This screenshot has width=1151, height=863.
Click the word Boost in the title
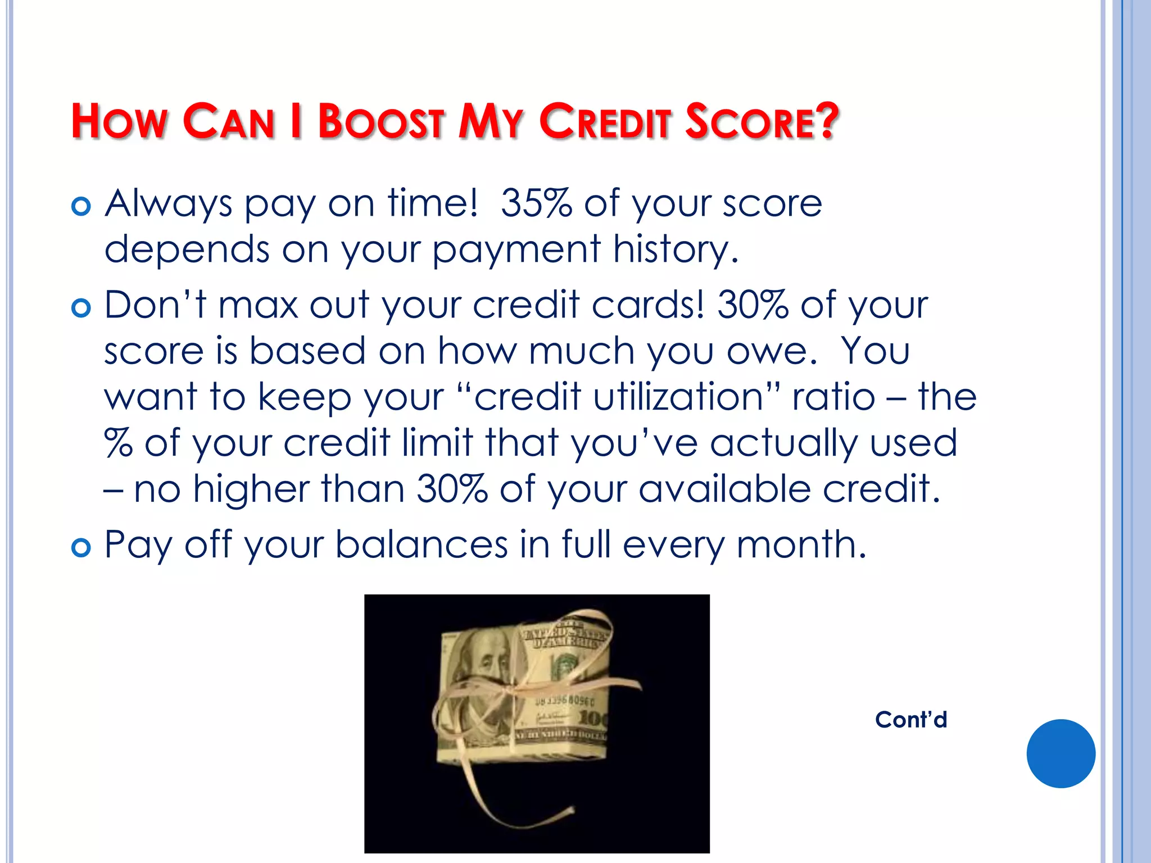[381, 121]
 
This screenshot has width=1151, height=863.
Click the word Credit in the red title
[605, 121]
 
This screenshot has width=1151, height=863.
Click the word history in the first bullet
[674, 249]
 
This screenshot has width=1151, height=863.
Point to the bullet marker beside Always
[81, 206]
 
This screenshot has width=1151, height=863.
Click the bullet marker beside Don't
[81, 308]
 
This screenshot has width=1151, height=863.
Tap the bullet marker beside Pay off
[81, 547]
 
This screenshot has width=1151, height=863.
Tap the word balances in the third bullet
[422, 545]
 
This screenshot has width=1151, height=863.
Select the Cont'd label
[911, 720]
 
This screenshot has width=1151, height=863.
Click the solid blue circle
[1061, 753]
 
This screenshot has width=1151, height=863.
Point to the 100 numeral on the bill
[591, 717]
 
